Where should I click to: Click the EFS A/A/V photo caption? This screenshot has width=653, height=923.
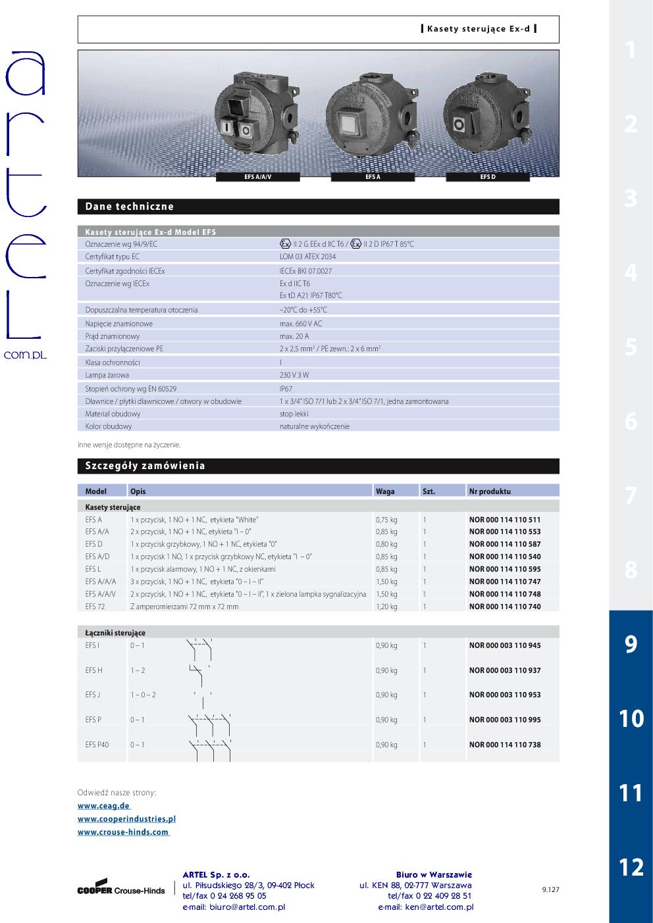click(257, 177)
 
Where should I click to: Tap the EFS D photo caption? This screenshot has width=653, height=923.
click(488, 177)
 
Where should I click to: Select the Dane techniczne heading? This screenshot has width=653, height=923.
click(130, 207)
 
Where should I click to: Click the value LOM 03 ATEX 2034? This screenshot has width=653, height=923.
click(307, 257)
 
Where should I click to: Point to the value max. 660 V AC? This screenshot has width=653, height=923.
click(301, 324)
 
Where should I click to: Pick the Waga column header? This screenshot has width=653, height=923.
click(385, 491)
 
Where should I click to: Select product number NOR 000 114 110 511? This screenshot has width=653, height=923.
click(505, 520)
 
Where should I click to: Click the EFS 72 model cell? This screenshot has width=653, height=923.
click(95, 607)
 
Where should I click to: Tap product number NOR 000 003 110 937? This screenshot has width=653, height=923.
click(505, 670)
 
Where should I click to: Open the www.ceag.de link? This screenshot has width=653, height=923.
click(104, 806)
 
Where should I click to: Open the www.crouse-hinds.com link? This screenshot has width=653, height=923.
click(123, 832)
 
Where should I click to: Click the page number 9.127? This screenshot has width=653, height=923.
click(550, 889)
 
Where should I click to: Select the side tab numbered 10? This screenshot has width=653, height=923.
click(631, 718)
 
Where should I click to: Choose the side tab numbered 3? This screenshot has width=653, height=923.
click(631, 198)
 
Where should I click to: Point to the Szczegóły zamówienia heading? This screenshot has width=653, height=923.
click(145, 466)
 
